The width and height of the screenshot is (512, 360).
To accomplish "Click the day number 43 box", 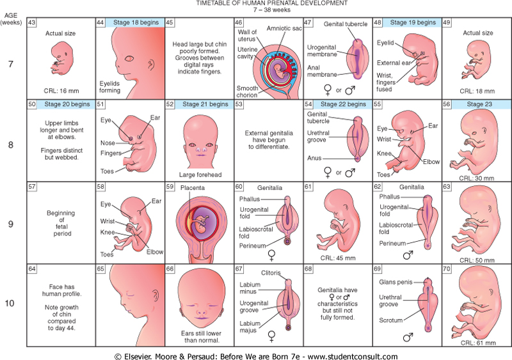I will (x=32, y=22).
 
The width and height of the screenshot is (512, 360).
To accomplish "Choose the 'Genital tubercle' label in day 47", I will (x=346, y=24).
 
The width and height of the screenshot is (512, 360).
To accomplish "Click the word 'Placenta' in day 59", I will (x=192, y=189).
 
